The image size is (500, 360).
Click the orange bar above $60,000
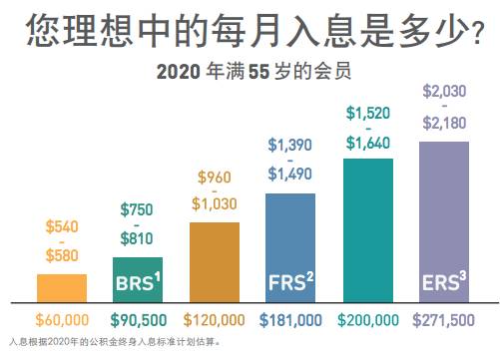62,288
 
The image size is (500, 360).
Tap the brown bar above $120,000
215,261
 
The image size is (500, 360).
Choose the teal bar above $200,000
368,228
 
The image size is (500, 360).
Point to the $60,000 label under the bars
62,320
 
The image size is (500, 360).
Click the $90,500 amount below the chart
138,320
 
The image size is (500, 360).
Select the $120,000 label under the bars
215,320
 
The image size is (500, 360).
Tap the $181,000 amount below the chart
291,320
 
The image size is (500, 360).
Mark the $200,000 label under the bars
368,320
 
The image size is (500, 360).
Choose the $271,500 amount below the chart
444,320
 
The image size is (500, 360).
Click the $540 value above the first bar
62,227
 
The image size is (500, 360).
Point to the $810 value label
138,239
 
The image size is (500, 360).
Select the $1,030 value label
215,203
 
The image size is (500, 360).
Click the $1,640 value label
368,143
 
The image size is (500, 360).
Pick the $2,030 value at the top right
444,92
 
